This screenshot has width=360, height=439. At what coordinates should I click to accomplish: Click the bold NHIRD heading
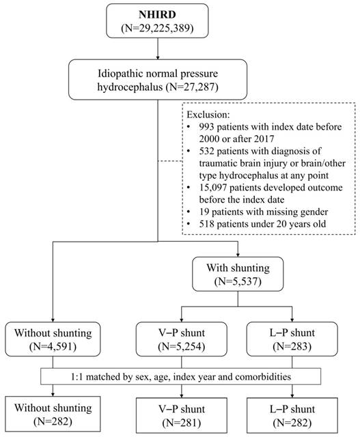(x=157, y=14)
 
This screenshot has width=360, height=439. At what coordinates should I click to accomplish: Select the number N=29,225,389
(x=157, y=28)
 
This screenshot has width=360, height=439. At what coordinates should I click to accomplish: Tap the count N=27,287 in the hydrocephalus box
(x=192, y=87)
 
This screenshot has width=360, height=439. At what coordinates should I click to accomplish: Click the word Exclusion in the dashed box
(x=207, y=115)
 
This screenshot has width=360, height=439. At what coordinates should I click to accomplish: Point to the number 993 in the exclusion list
(x=206, y=127)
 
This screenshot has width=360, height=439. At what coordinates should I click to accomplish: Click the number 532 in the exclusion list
(x=206, y=151)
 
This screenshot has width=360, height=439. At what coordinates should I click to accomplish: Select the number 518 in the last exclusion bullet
(x=206, y=224)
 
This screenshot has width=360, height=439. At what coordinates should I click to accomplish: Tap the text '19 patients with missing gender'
(x=264, y=212)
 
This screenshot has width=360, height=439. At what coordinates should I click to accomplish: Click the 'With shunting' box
(x=238, y=274)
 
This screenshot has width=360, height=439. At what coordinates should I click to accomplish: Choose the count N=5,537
(x=238, y=281)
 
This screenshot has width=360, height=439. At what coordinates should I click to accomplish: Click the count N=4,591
(x=53, y=346)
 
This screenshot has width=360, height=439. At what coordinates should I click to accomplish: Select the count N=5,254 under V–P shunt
(x=182, y=346)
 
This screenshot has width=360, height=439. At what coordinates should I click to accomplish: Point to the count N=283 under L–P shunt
(x=292, y=346)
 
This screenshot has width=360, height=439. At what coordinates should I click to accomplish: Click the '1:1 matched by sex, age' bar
(x=181, y=377)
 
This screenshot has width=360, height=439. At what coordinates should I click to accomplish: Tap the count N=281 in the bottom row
(x=182, y=423)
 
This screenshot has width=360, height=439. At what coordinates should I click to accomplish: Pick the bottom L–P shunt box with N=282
(x=292, y=415)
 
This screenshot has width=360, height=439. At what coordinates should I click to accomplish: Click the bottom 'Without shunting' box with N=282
(x=53, y=414)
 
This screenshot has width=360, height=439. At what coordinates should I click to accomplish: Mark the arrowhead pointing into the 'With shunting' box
(x=238, y=255)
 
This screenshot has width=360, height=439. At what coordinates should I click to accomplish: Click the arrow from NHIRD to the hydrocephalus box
(x=158, y=48)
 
